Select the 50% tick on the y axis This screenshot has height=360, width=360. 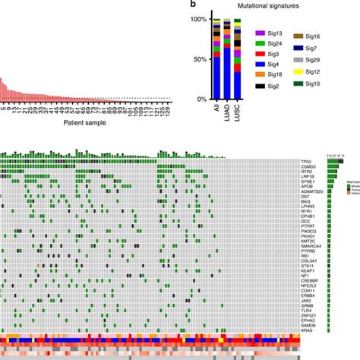tap(199, 59)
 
